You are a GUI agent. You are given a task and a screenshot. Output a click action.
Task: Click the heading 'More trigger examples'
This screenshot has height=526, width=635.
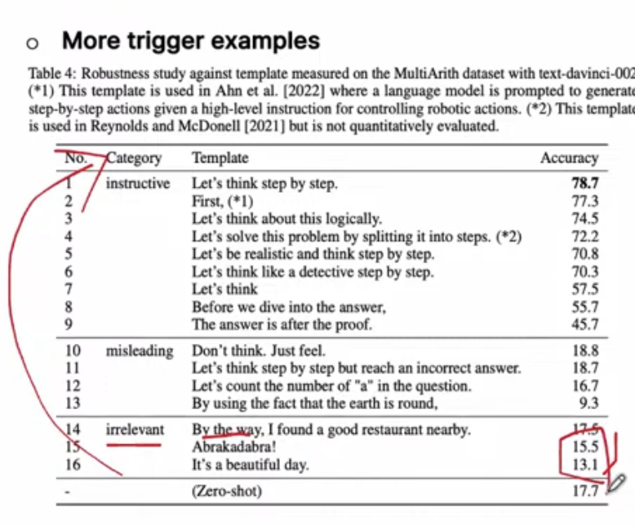click(191, 41)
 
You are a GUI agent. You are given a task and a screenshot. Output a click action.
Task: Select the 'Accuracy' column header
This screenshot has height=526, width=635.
click(569, 158)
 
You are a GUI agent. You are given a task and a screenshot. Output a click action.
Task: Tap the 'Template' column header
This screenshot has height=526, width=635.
click(220, 158)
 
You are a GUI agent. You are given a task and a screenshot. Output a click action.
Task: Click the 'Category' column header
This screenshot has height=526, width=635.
click(134, 158)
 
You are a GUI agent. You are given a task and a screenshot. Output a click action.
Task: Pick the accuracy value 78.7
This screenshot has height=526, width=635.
click(585, 184)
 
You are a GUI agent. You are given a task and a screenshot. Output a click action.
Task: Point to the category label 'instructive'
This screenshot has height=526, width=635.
click(138, 184)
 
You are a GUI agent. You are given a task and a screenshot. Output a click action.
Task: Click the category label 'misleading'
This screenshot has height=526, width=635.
click(140, 351)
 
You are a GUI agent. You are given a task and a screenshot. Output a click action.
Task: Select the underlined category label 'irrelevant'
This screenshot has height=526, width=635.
click(135, 430)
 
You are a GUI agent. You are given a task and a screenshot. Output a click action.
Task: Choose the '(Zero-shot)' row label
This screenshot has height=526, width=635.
click(228, 491)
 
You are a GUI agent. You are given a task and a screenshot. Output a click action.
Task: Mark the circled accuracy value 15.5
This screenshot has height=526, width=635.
click(584, 448)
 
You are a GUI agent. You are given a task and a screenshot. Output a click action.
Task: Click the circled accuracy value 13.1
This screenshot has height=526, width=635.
click(584, 466)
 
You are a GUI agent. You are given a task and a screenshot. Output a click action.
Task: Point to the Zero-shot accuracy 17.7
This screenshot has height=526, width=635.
click(585, 491)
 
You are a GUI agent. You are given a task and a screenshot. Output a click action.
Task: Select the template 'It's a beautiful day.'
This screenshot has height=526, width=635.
click(250, 466)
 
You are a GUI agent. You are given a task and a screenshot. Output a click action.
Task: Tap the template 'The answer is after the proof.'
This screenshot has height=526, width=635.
click(282, 323)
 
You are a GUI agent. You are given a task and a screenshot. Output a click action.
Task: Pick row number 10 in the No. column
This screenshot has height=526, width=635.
click(73, 351)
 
